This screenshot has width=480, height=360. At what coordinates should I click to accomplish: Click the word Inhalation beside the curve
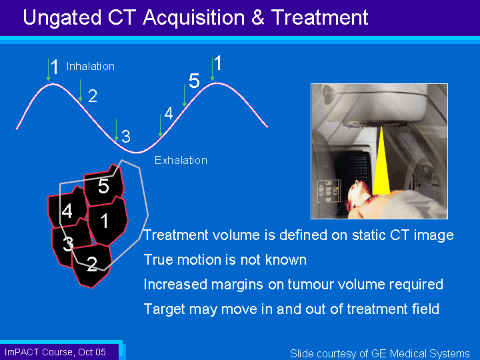pyautogui.click(x=90, y=67)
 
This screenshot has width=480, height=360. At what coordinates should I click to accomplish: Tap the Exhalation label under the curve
pyautogui.click(x=181, y=160)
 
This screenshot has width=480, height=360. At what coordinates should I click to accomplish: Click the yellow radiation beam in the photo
pyautogui.click(x=381, y=161)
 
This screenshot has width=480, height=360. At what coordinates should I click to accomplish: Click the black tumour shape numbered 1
pyautogui.click(x=108, y=221)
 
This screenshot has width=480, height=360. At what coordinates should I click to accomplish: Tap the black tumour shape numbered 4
pyautogui.click(x=67, y=208)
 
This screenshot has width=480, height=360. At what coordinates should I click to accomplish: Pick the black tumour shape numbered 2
pyautogui.click(x=92, y=265)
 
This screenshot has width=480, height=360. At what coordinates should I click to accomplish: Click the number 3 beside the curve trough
pyautogui.click(x=126, y=136)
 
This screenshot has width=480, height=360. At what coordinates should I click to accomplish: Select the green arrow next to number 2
pyautogui.click(x=80, y=90)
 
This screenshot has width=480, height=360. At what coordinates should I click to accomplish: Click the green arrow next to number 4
pyautogui.click(x=160, y=125)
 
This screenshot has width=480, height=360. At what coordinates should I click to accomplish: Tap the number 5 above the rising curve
pyautogui.click(x=194, y=81)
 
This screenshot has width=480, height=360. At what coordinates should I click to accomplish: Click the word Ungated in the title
pyautogui.click(x=62, y=18)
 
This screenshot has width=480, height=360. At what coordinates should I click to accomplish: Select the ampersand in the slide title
pyautogui.click(x=258, y=17)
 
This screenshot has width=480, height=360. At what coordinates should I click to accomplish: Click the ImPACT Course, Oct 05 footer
pyautogui.click(x=55, y=352)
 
